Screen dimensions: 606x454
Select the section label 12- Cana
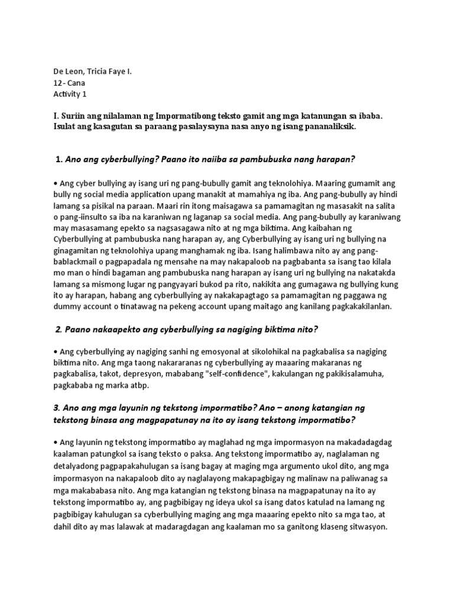point(69,83)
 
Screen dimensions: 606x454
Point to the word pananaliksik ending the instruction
point(324,128)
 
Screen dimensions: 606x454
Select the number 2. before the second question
point(59,328)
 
